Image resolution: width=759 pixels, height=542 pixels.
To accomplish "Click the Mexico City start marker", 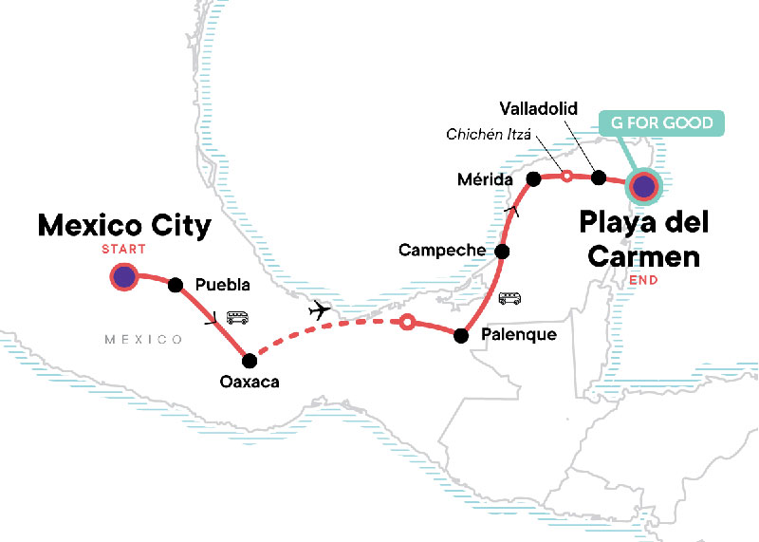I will (x=123, y=277).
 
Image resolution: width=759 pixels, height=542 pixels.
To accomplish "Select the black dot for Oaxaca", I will (x=250, y=361).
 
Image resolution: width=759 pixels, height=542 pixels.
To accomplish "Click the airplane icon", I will (x=322, y=310).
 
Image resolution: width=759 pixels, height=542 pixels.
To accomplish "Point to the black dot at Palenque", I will (x=461, y=335).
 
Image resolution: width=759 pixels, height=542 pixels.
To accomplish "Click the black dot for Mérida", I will (x=533, y=178).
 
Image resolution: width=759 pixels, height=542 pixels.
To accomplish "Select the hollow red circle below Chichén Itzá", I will (x=566, y=176).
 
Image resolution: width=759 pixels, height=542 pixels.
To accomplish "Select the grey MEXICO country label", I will (x=144, y=339).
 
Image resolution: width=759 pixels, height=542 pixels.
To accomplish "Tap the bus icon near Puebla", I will (x=237, y=318).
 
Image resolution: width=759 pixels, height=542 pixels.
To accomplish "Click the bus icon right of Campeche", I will (x=510, y=298).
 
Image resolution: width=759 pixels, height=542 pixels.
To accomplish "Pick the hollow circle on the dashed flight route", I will (x=407, y=323).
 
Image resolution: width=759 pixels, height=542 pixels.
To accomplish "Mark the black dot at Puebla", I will (x=175, y=284).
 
